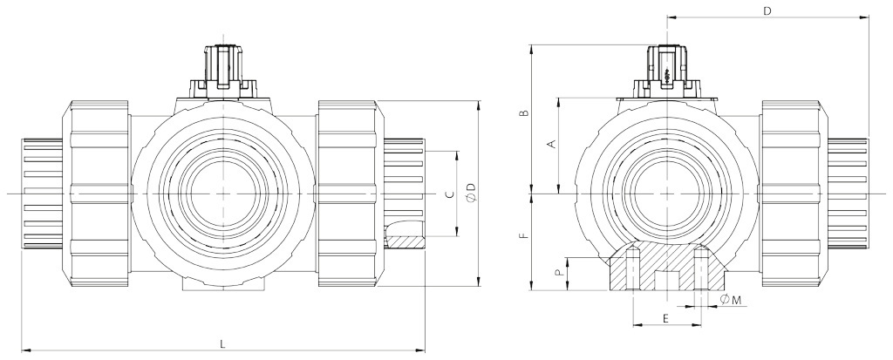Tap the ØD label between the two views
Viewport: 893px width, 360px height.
click(x=471, y=194)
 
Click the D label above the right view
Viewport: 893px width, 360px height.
click(x=767, y=11)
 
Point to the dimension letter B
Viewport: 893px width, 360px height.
click(x=523, y=114)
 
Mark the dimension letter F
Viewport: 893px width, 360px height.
click(x=523, y=236)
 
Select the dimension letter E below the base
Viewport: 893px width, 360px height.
click(x=666, y=318)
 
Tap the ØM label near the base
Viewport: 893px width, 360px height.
click(x=732, y=301)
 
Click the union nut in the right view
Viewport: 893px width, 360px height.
click(x=793, y=193)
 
